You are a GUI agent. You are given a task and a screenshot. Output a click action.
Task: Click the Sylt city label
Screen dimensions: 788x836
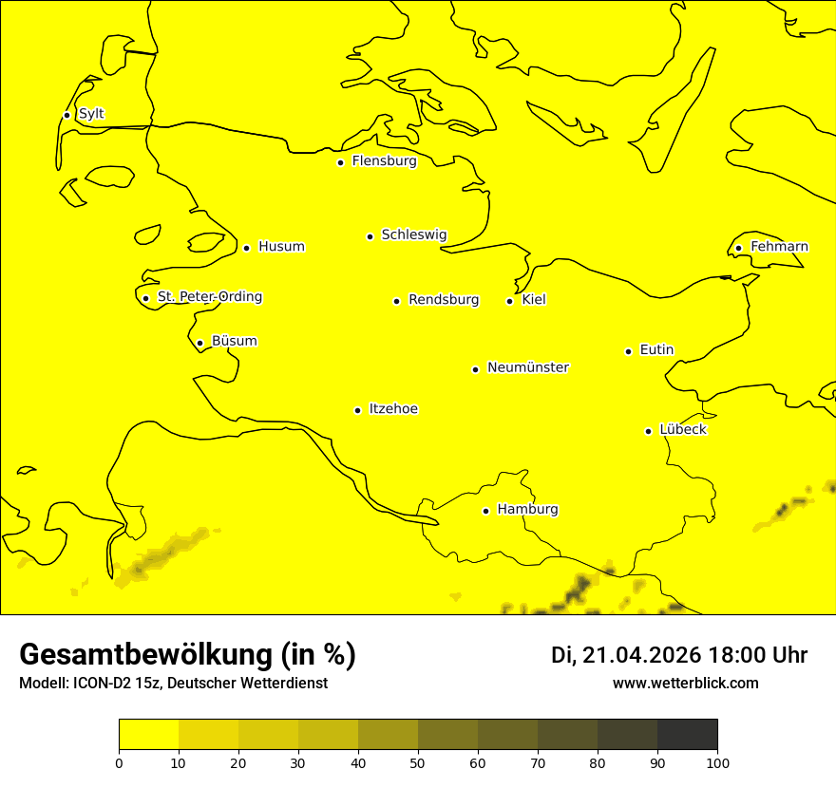coord(91,114)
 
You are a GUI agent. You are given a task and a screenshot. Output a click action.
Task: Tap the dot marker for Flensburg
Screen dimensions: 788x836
coord(340,162)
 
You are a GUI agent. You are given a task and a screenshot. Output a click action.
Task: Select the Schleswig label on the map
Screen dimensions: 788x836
coord(413,235)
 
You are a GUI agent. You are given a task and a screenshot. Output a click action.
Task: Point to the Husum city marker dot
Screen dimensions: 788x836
coord(246,248)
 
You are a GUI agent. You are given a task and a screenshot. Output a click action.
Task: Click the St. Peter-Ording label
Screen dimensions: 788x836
coord(209,297)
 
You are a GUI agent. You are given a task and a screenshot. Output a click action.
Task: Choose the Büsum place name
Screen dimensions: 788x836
coord(234,341)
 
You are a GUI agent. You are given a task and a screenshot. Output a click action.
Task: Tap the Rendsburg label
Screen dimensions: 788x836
coord(443,300)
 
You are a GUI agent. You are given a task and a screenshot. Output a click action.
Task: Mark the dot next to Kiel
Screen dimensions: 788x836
coord(509,301)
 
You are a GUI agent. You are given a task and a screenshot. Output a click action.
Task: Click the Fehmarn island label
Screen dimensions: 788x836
coord(779,247)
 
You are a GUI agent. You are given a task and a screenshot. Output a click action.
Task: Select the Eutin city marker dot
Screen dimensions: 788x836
coord(628,351)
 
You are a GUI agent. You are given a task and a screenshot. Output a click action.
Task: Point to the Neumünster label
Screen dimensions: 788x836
coord(528,367)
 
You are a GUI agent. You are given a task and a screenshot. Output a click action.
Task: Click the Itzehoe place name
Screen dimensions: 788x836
coord(393,409)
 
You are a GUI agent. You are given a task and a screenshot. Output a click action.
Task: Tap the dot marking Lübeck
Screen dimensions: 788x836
coord(649,431)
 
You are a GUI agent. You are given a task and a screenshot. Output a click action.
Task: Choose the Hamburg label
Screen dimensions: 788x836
coord(527,510)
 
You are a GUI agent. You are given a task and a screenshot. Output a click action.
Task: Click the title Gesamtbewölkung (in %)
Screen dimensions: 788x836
coord(187,655)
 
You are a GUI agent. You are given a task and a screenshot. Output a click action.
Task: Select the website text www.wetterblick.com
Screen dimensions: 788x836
coord(685,684)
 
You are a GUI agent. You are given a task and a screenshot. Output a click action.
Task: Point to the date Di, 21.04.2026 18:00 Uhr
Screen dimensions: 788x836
coord(679,655)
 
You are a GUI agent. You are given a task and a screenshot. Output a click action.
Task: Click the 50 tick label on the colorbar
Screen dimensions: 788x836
coord(418,762)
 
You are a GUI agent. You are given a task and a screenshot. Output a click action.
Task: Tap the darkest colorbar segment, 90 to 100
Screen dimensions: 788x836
coord(687,735)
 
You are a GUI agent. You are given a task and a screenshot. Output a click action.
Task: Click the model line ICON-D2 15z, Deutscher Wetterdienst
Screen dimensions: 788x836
coord(173,684)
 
